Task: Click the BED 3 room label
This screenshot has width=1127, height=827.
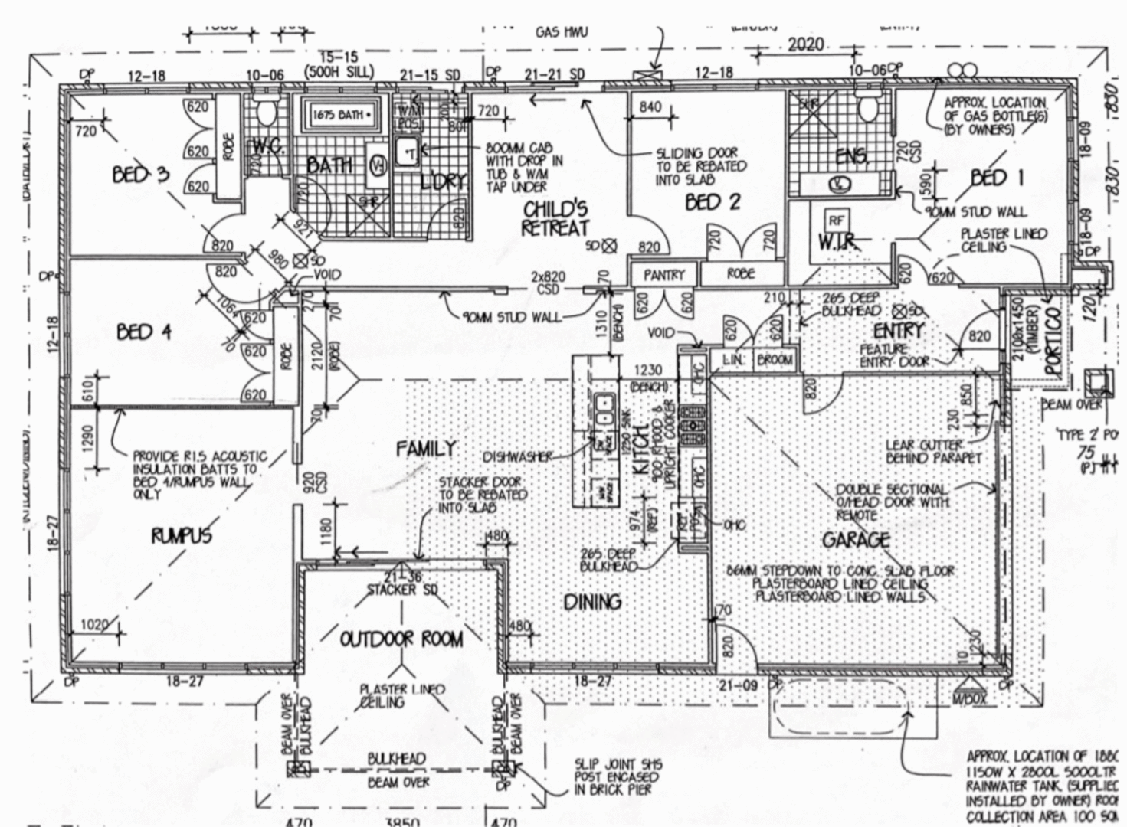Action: tap(140, 175)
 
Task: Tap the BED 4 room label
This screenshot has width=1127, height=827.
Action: tap(144, 332)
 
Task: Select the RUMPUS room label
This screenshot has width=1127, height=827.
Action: tap(181, 535)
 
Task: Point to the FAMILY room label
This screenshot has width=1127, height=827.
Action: tap(426, 449)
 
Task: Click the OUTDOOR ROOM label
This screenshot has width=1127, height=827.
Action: tap(401, 639)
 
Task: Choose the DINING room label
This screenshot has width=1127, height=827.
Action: tap(592, 602)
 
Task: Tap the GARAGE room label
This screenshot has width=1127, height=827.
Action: tap(856, 541)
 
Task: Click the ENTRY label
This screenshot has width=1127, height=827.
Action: tap(898, 331)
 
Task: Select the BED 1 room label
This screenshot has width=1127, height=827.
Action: tap(997, 178)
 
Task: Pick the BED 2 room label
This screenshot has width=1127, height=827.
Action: tap(713, 202)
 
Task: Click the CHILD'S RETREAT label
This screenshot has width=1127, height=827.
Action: tap(555, 218)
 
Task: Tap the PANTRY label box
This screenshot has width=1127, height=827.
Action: tap(663, 274)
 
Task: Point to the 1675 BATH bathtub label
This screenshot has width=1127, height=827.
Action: tap(341, 115)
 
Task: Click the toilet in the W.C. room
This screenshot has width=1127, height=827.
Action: tap(267, 113)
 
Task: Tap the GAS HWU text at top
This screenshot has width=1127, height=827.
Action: tap(561, 33)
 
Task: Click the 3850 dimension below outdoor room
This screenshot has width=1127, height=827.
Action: tap(401, 822)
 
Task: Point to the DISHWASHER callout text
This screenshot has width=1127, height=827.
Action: tap(517, 457)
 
